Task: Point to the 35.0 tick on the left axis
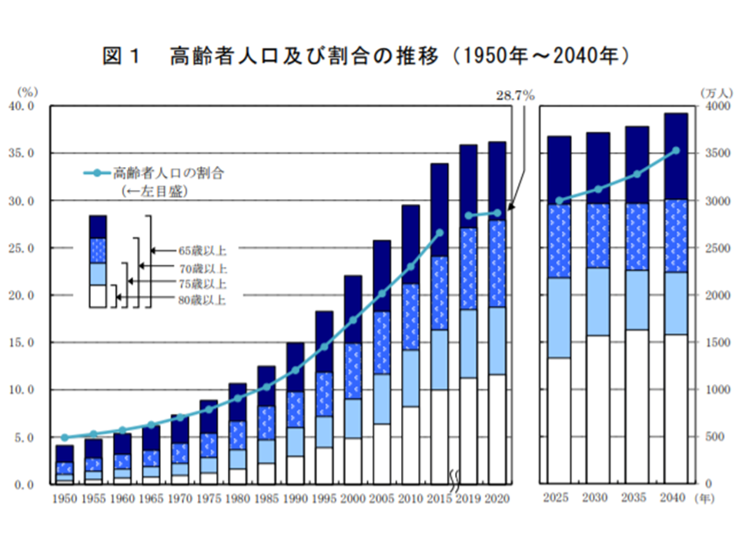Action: coord(20,153)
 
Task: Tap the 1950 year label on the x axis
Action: coord(65,499)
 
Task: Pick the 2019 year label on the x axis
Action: coord(468,499)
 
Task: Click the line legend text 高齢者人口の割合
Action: coord(173,172)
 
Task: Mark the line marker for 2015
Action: coord(440,232)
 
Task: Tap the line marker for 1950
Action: coord(65,437)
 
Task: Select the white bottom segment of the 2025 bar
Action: coord(559,420)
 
